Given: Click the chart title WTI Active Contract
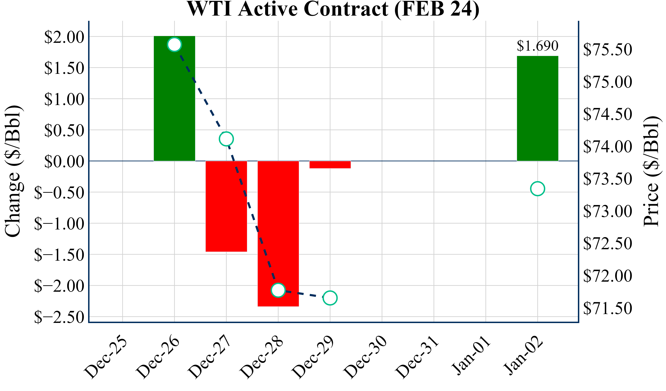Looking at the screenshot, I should click(333, 9).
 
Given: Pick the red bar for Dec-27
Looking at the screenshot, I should click(226, 206).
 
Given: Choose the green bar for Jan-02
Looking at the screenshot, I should click(537, 108).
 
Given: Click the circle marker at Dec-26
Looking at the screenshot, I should click(174, 44).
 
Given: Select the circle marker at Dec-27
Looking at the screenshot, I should click(226, 139).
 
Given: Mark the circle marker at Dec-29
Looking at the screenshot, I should click(330, 298).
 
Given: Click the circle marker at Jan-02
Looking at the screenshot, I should click(537, 189).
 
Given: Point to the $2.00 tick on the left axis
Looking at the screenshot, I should click(64, 37).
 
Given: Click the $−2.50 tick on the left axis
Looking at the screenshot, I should click(59, 317).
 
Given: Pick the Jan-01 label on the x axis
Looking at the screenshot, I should click(470, 355).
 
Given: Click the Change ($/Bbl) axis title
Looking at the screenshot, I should click(13, 171).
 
